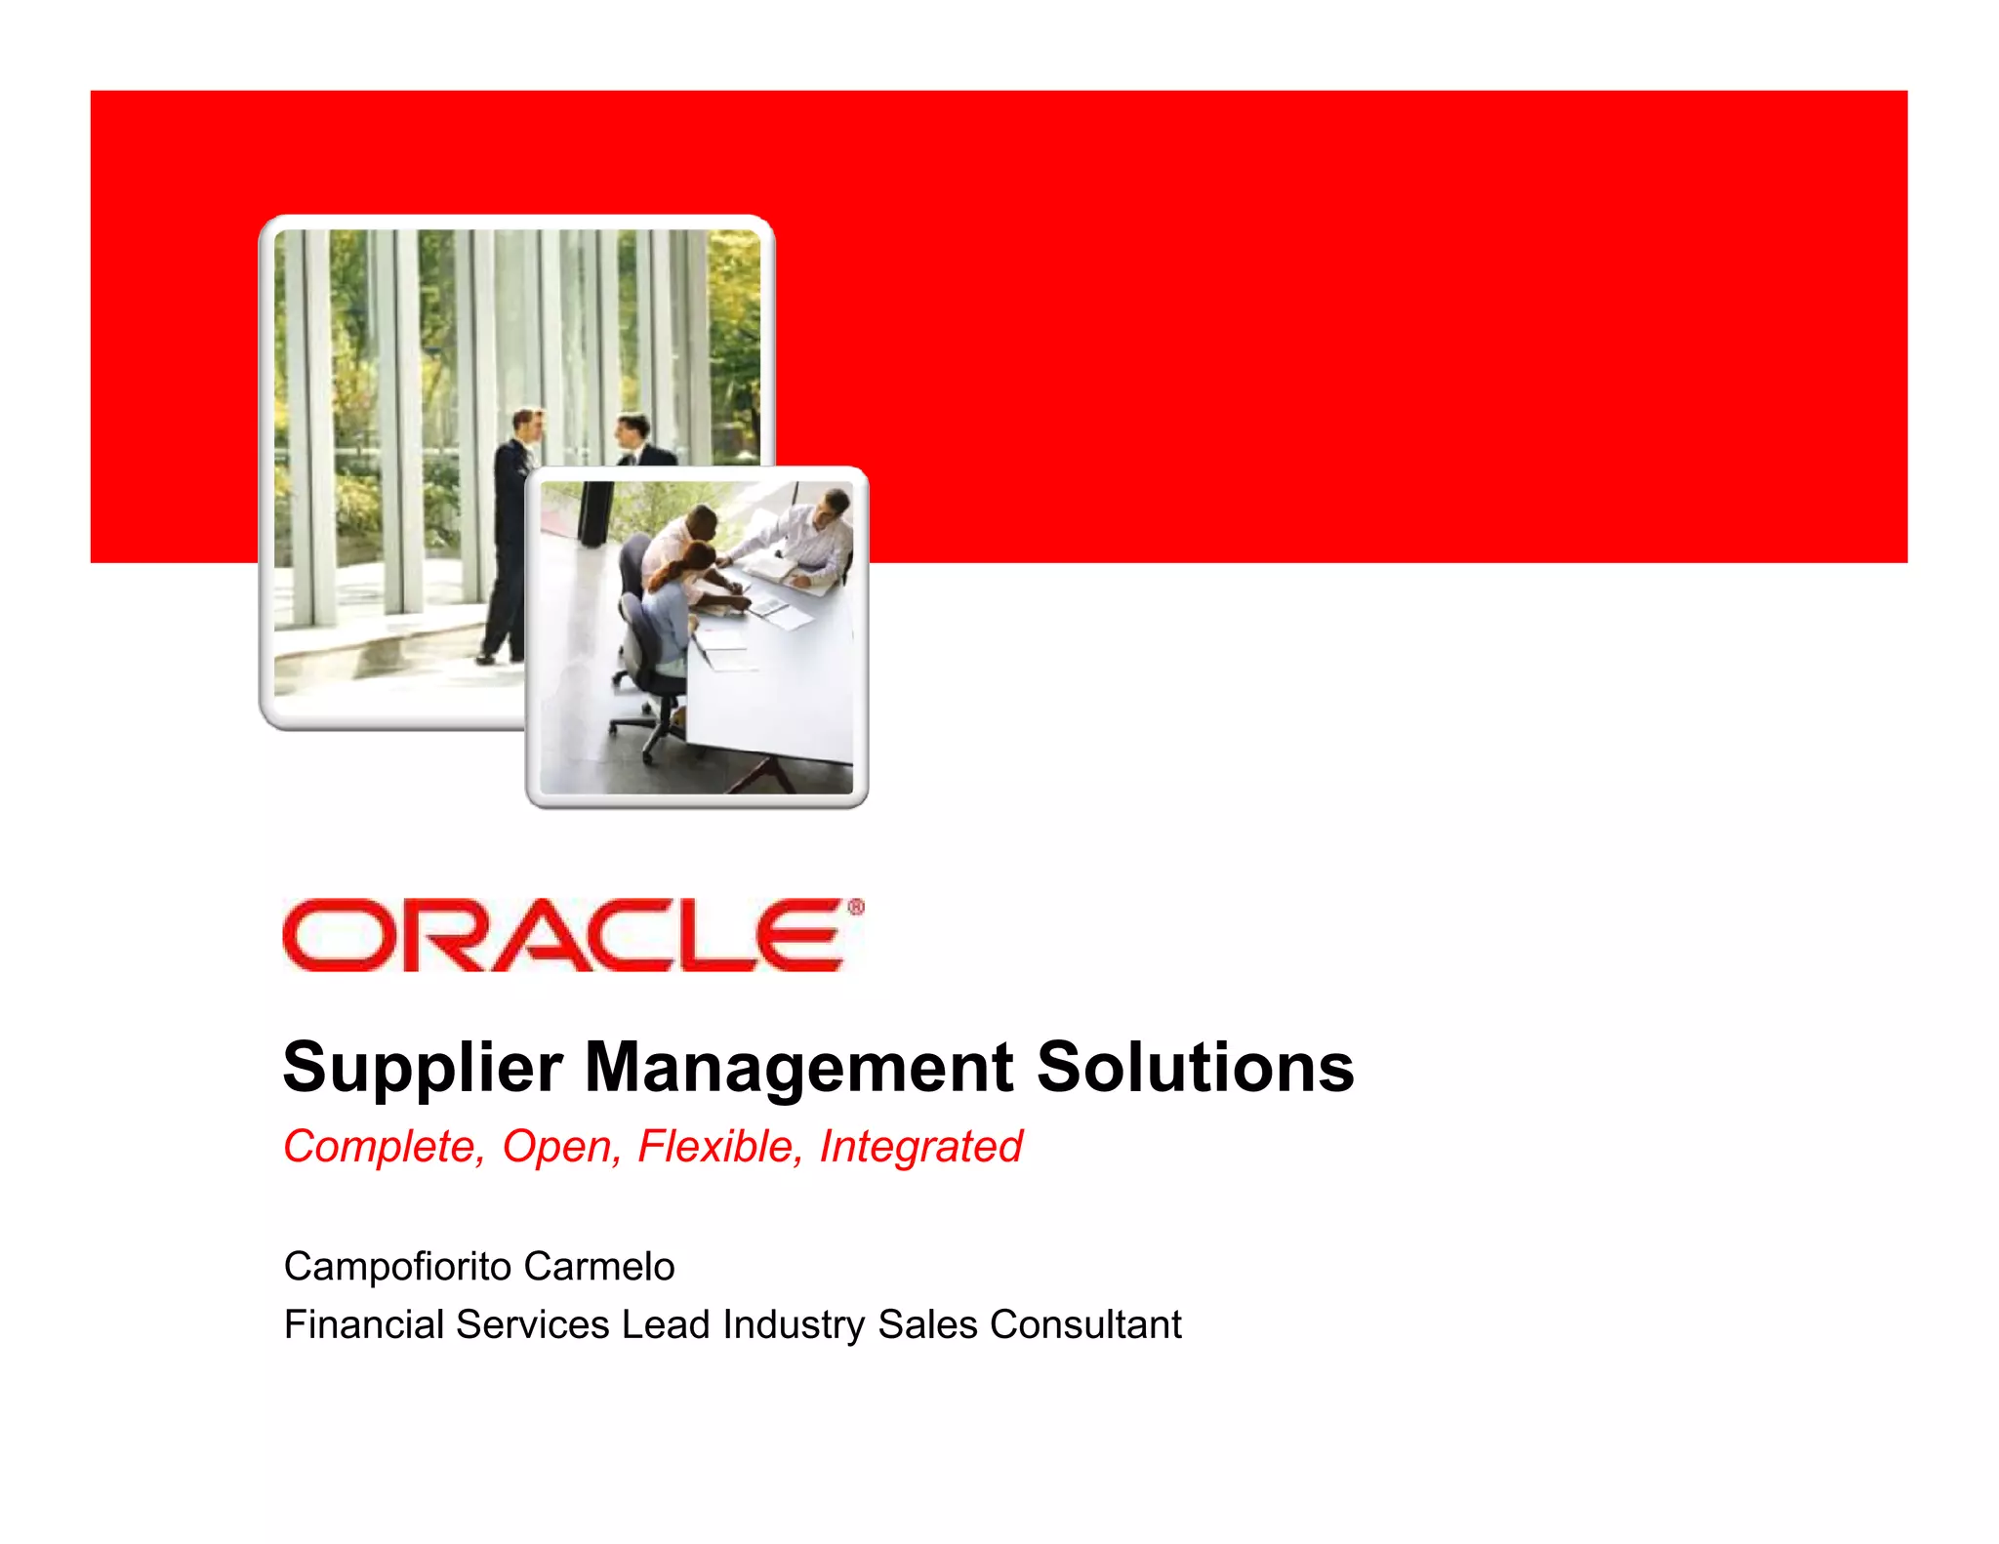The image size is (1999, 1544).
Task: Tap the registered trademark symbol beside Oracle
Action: click(855, 908)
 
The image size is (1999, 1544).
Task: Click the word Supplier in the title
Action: click(422, 1068)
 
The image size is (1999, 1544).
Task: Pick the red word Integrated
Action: click(920, 1147)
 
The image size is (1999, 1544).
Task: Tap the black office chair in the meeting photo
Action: click(649, 664)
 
